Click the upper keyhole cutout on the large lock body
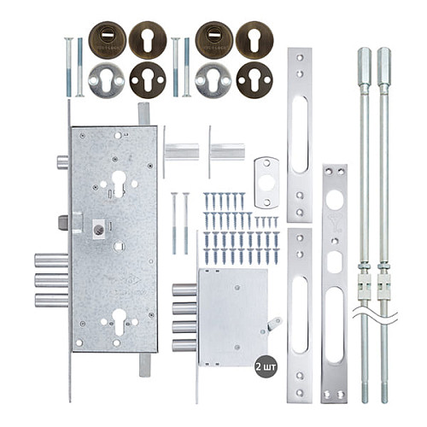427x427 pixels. tap(119, 181)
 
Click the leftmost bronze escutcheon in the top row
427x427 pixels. tap(107, 38)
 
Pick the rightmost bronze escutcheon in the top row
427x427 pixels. tap(254, 38)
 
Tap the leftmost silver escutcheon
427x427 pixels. tap(107, 79)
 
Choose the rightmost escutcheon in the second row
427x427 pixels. tap(254, 79)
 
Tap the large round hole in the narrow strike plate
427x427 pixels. tap(334, 200)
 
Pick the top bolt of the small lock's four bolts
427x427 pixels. tap(184, 290)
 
